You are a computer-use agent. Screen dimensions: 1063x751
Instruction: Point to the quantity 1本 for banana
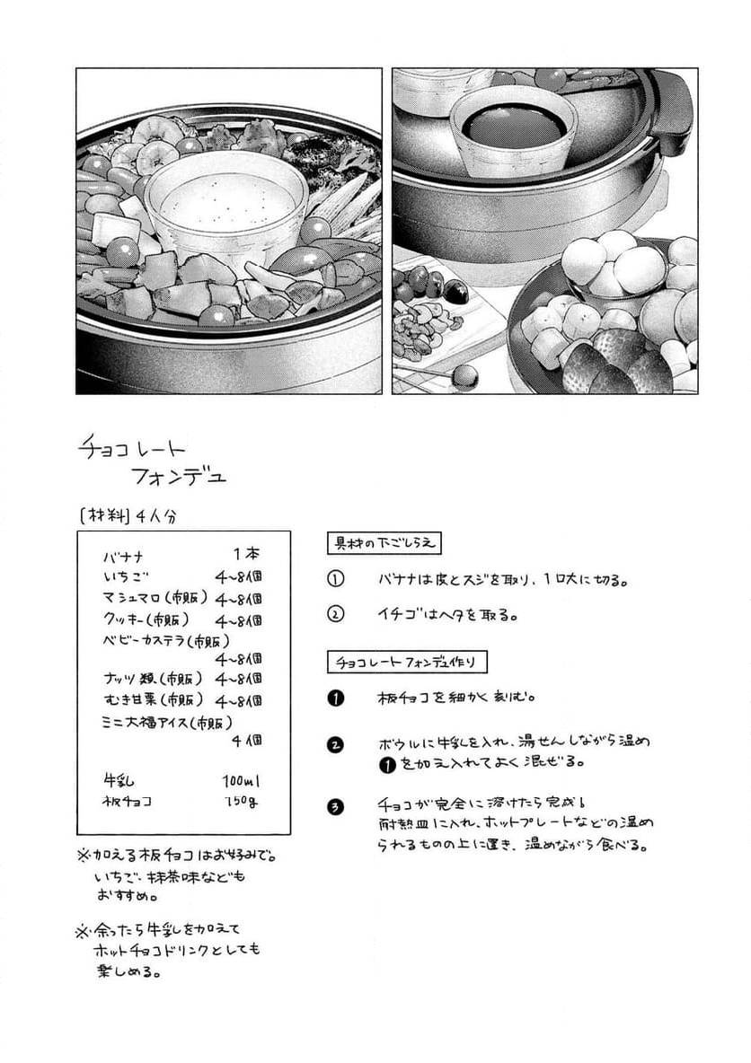click(248, 555)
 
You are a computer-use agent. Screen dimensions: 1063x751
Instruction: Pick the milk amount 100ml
click(243, 781)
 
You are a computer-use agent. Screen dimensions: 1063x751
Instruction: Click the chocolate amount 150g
click(243, 802)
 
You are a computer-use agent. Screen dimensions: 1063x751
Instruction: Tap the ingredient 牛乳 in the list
click(119, 781)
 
